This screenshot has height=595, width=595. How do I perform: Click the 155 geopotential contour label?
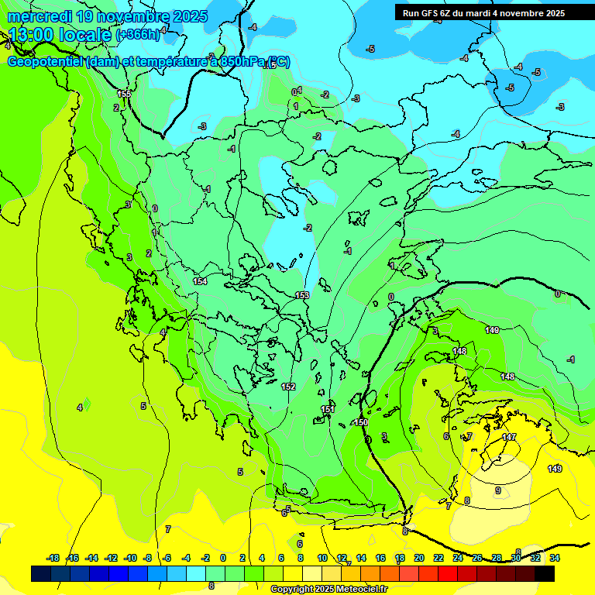[x=125, y=94]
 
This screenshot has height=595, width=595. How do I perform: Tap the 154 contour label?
[x=200, y=281]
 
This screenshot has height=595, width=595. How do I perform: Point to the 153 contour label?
[x=302, y=295]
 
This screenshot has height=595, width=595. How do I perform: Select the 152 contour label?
[x=288, y=387]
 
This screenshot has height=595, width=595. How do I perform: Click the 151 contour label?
[x=328, y=409]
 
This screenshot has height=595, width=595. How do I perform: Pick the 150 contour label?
[x=360, y=422]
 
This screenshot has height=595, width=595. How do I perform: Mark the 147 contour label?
[x=508, y=438]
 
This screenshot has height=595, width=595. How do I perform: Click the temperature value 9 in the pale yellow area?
[x=498, y=490]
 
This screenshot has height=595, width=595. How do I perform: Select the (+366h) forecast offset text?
[x=137, y=35]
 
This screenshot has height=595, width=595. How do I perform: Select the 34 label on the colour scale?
[x=555, y=558]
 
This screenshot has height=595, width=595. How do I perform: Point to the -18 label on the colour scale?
[x=53, y=558]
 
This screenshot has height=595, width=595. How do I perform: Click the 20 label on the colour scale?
[x=419, y=558]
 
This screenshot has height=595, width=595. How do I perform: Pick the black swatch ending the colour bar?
[x=545, y=573]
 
